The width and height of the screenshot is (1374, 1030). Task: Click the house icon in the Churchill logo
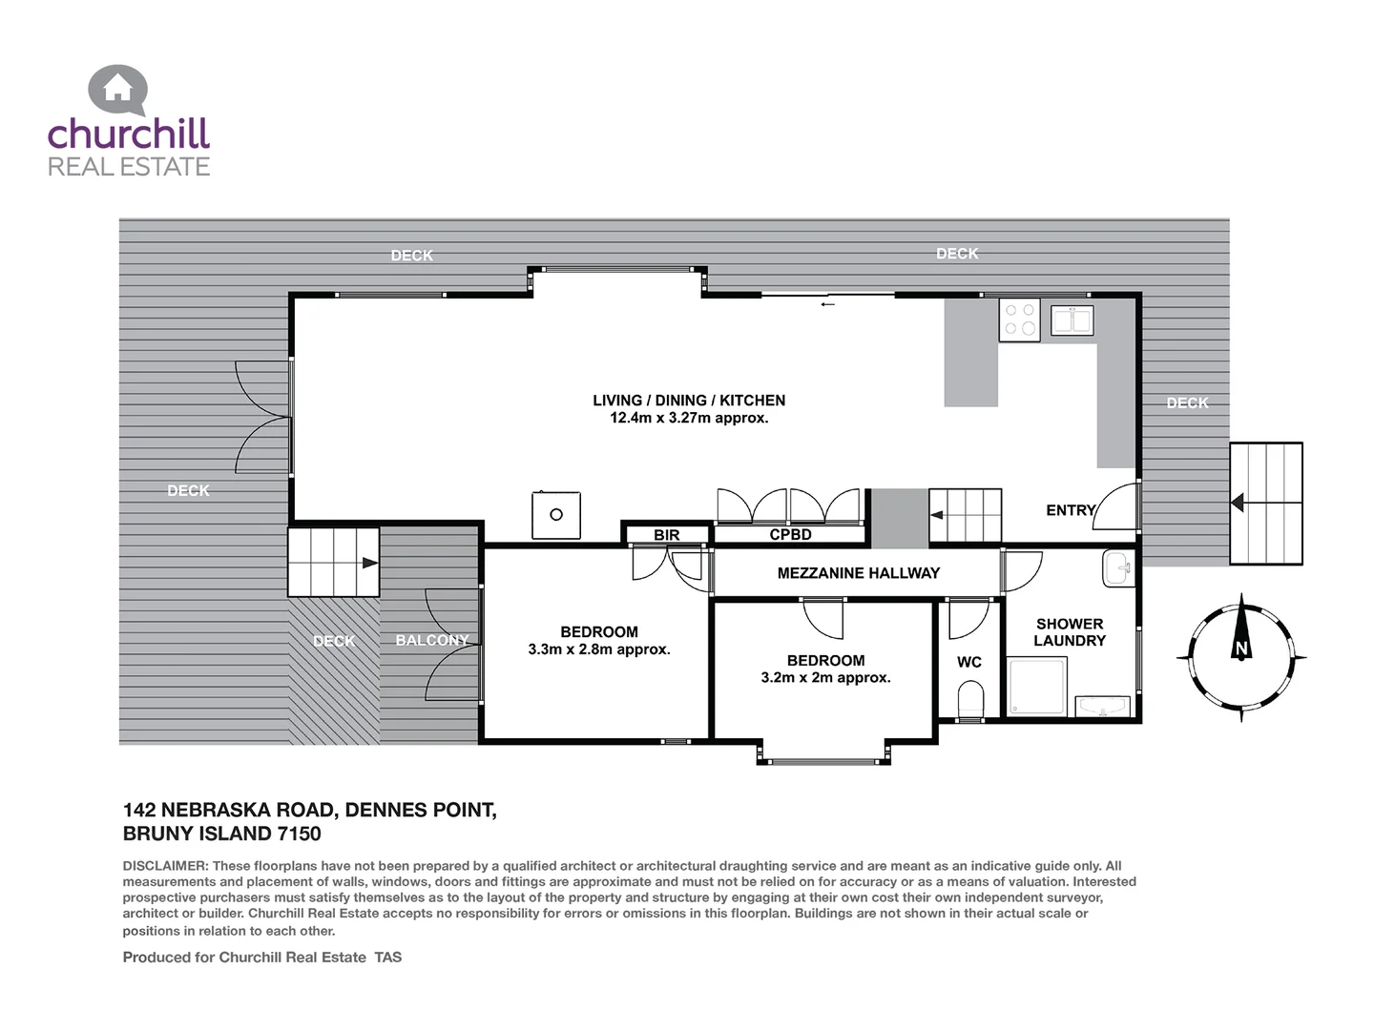tap(118, 89)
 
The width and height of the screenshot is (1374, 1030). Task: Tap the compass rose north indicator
tap(1241, 649)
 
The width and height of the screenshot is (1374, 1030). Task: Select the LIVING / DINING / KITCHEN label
tap(689, 401)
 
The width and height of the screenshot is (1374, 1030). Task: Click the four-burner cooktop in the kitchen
tap(1019, 319)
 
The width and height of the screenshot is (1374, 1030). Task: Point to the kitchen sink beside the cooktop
tap(1072, 320)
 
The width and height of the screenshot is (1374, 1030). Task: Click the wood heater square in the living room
tap(556, 515)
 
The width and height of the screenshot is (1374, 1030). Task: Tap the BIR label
tap(667, 535)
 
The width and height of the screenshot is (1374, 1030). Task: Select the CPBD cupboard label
tap(790, 534)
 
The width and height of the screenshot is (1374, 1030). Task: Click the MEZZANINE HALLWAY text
tap(858, 573)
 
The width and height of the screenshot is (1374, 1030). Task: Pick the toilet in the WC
tap(969, 699)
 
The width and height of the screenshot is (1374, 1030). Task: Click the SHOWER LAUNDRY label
tap(1070, 632)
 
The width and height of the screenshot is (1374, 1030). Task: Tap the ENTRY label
tap(1070, 510)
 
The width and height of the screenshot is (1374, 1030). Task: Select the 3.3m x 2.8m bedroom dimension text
tap(599, 649)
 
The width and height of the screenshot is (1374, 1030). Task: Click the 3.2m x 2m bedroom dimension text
tap(825, 678)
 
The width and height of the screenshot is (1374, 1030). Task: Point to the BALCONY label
tap(431, 640)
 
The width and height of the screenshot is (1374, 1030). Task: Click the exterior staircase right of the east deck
tap(1266, 503)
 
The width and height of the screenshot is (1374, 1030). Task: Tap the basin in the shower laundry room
tap(1118, 568)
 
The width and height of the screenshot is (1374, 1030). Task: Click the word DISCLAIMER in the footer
tap(165, 866)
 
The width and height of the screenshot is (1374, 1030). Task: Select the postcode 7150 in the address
tap(299, 834)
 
